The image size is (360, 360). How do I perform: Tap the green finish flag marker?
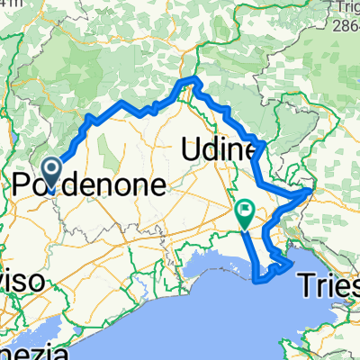tap(244, 212)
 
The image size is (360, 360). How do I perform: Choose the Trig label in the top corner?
tap(345, 8)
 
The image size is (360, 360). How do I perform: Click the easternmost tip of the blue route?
tap(311, 190)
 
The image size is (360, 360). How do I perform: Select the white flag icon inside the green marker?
tap(244, 211)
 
